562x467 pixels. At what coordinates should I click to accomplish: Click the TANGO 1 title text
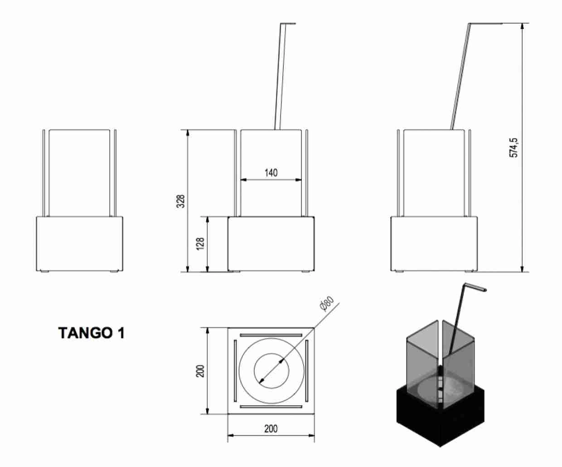coord(92,333)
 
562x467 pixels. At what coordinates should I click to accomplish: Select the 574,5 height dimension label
coord(514,147)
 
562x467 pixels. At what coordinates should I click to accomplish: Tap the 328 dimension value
coord(181,201)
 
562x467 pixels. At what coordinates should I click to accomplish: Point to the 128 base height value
coord(201,244)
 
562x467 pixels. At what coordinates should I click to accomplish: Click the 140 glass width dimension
coord(271,173)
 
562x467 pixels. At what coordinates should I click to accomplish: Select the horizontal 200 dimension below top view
coord(271,428)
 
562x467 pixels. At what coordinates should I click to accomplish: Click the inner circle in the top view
coord(271,370)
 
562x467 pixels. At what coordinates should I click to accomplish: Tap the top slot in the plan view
coord(271,335)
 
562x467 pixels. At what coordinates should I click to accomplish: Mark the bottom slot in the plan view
coord(271,406)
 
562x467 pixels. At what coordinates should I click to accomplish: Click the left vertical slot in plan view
coord(235,371)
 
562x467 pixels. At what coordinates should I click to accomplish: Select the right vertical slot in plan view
coord(307,371)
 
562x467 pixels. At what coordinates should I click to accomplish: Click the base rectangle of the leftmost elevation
coord(79,244)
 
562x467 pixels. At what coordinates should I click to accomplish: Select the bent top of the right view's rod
coord(486,24)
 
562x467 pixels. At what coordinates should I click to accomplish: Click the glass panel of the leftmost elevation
coord(79,172)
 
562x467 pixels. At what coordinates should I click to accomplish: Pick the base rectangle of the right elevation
coord(434,244)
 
